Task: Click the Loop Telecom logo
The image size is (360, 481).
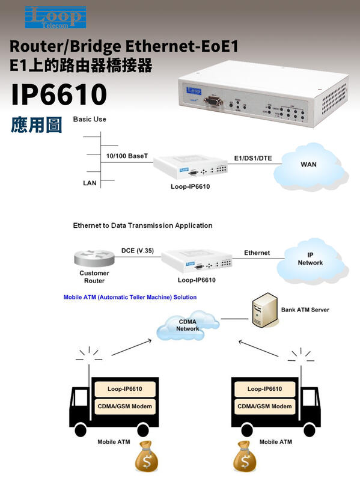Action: point(55,17)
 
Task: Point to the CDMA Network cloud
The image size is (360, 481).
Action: point(188,326)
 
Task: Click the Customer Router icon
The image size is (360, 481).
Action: point(94,259)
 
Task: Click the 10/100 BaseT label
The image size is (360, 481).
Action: point(127,156)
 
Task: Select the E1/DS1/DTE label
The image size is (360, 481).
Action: point(252,158)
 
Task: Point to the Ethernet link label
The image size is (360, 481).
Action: point(257,253)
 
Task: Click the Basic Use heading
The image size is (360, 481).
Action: point(90,119)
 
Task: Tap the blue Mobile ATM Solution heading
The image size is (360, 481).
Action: point(130,297)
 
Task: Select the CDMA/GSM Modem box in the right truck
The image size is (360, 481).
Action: point(264,406)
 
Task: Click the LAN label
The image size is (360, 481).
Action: point(90,183)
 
